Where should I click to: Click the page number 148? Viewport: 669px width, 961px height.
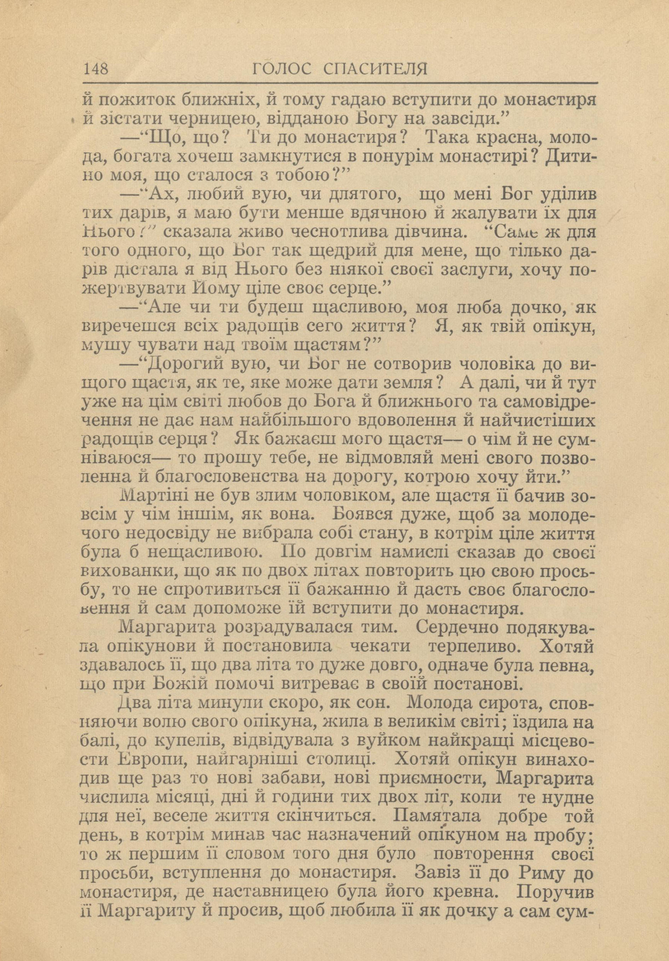[96, 69]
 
